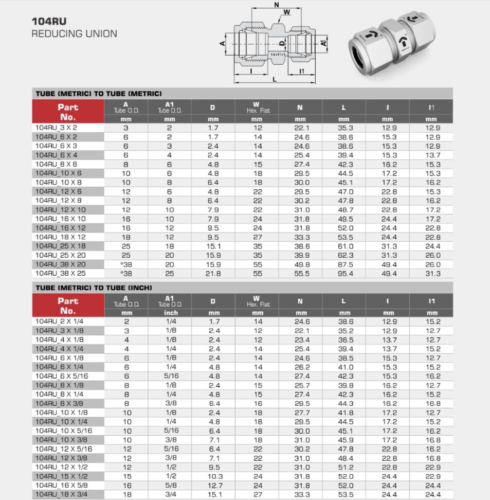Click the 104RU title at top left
click(x=49, y=22)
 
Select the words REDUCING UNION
click(x=74, y=33)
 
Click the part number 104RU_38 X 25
click(x=61, y=273)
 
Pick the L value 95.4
click(x=346, y=274)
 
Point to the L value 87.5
click(x=346, y=265)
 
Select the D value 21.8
click(x=213, y=274)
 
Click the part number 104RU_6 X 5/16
click(x=62, y=376)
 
